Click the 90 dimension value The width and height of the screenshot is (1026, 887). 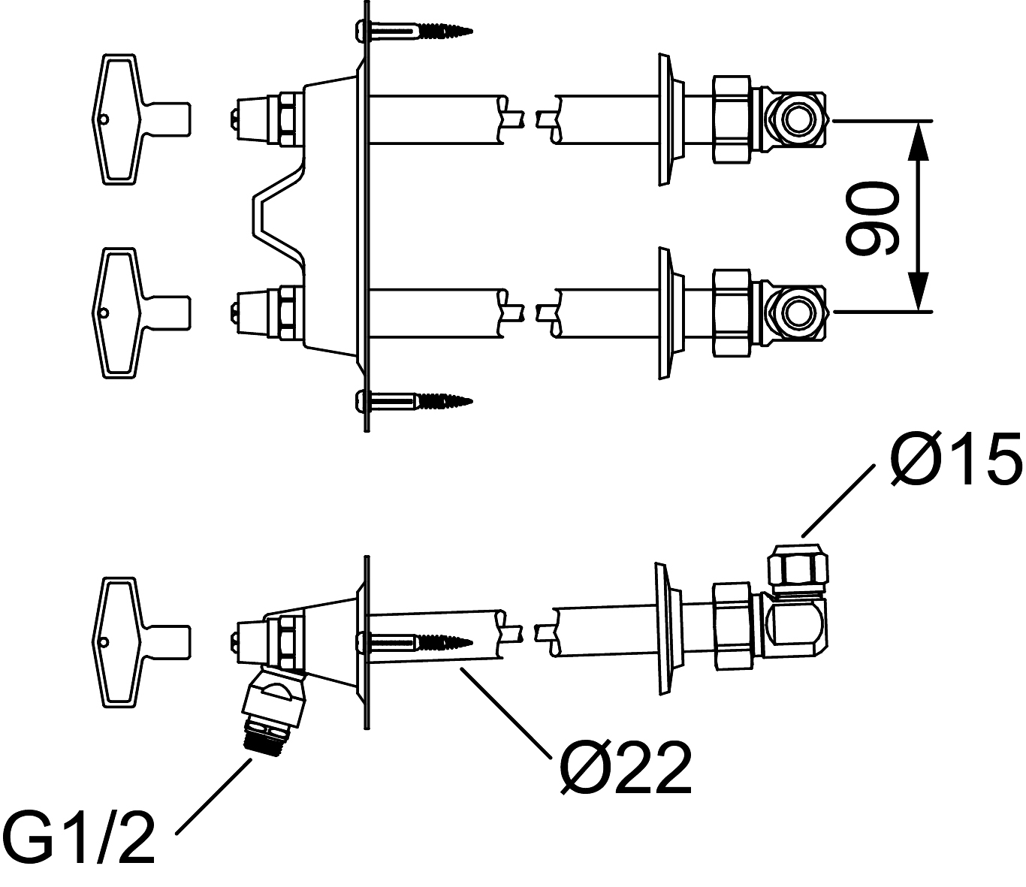[x=872, y=217]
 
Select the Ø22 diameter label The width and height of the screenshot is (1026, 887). [x=626, y=768]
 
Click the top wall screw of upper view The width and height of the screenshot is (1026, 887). [x=415, y=31]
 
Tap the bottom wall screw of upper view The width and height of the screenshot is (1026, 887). [x=415, y=400]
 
